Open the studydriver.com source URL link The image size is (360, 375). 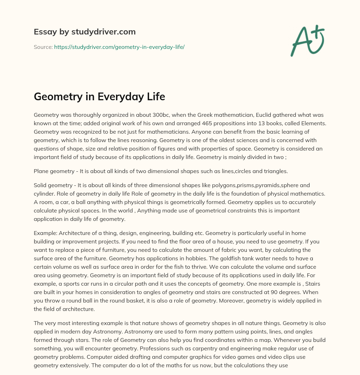[x=119, y=47]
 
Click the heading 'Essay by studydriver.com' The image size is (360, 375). [x=84, y=32]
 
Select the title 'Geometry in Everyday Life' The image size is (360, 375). [x=99, y=96]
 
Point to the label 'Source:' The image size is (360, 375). [x=43, y=47]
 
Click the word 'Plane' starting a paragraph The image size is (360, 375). [x=41, y=171]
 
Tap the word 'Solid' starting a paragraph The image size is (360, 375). [x=41, y=185]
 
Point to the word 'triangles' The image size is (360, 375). [x=276, y=171]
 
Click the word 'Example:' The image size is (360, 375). [x=45, y=233]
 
